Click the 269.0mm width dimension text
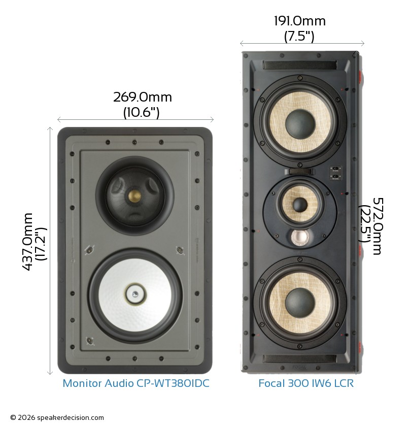click(x=143, y=97)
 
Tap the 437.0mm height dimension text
click(x=27, y=242)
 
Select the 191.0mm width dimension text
click(x=299, y=21)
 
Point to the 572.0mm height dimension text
click(x=378, y=226)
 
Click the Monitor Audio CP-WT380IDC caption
click(x=136, y=383)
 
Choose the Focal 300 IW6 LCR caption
click(x=306, y=383)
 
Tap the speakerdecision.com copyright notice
click(x=57, y=418)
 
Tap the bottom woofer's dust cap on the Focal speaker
click(x=300, y=303)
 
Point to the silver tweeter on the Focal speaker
click(x=300, y=237)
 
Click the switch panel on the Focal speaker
click(x=335, y=173)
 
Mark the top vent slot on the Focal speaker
click(x=300, y=65)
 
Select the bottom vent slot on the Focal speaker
click(x=300, y=359)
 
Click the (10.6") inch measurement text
click(x=142, y=112)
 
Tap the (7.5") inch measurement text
click(x=299, y=36)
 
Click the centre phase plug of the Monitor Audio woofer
click(x=135, y=294)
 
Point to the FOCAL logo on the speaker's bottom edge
click(x=299, y=367)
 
